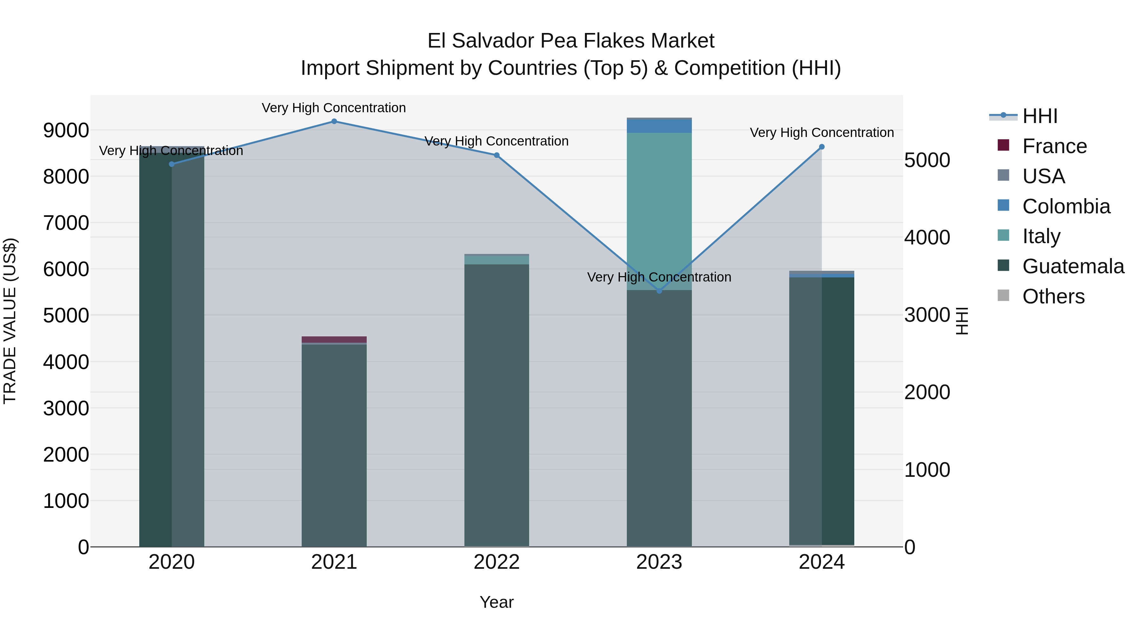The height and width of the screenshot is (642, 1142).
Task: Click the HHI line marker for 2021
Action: (x=334, y=121)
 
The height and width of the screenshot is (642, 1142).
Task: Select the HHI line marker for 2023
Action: (x=659, y=291)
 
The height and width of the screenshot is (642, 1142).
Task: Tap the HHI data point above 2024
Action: (x=822, y=147)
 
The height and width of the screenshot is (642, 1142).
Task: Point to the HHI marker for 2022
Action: (x=496, y=155)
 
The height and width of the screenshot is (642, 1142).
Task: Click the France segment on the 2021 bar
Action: (x=334, y=339)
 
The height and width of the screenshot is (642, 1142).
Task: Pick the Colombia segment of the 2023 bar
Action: (x=659, y=126)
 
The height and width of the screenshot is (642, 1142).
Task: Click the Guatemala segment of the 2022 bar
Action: (x=496, y=403)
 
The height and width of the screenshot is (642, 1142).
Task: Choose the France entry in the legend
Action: (x=1054, y=146)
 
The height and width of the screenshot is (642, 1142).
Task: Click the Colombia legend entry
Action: (x=1066, y=206)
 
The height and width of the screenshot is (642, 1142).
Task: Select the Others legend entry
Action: (x=1053, y=296)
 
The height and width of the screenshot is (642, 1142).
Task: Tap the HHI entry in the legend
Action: (x=1040, y=116)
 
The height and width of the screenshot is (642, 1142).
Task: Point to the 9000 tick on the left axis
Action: (x=66, y=131)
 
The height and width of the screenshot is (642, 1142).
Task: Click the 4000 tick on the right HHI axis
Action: (x=927, y=237)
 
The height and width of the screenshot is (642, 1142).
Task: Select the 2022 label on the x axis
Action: (x=496, y=562)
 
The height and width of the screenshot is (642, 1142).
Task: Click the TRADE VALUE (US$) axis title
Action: (x=10, y=321)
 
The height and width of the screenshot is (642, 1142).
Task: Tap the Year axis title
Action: (x=496, y=602)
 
